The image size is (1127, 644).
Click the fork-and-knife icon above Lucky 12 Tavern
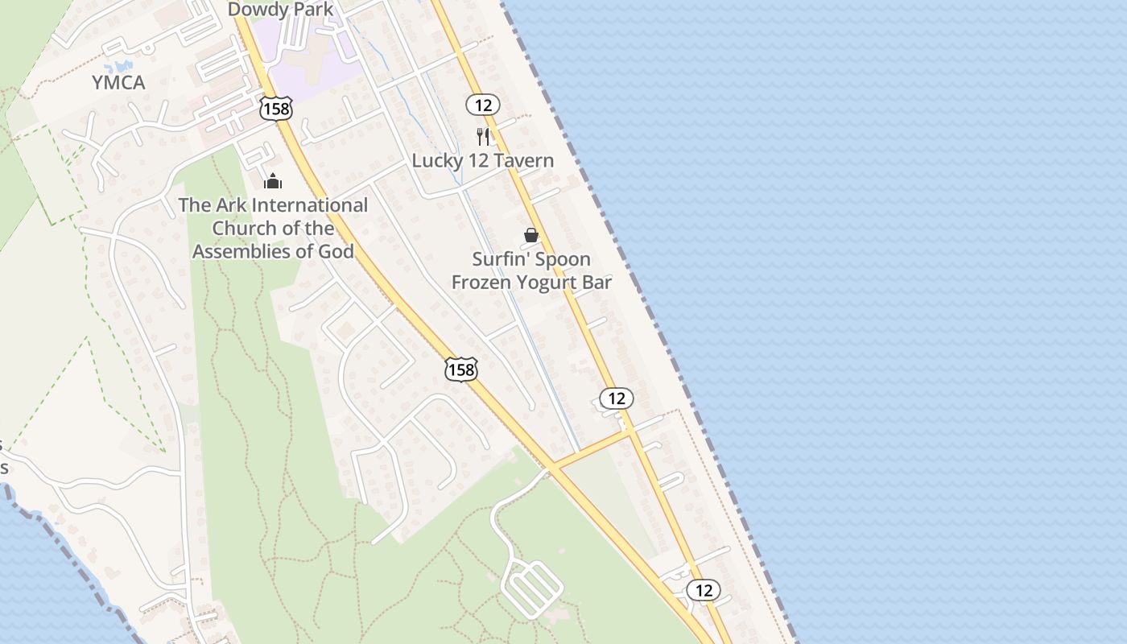click(x=483, y=136)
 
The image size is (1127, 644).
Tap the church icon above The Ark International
click(x=273, y=181)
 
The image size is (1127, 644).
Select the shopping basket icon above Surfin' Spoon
click(x=531, y=235)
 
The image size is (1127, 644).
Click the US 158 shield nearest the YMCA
click(x=275, y=109)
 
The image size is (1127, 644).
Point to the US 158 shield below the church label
click(x=461, y=369)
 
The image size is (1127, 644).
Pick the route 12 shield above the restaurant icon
click(x=482, y=105)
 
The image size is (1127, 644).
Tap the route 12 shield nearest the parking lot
click(x=704, y=590)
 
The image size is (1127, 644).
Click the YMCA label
click(x=118, y=82)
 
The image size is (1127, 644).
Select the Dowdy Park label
click(x=280, y=10)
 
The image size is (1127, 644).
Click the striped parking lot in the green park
click(x=531, y=589)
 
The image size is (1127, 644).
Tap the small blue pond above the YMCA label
click(x=122, y=66)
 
